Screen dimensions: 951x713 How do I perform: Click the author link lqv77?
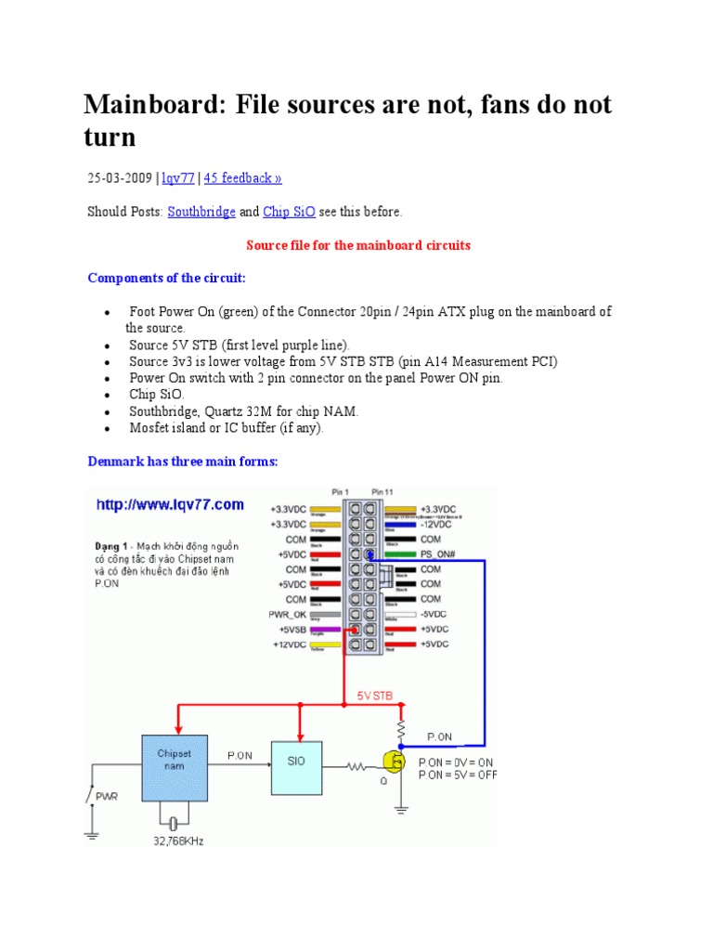pos(178,178)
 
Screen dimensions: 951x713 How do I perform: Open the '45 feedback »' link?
pos(242,178)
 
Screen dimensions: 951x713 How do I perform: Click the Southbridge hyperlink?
pos(201,212)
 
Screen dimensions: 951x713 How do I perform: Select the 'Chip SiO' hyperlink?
pos(289,212)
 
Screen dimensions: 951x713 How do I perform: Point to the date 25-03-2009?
pos(121,178)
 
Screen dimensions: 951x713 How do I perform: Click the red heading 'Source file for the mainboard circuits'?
pos(357,245)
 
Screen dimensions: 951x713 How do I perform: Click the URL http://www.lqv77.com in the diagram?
pos(171,505)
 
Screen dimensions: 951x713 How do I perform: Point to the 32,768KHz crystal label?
pos(173,840)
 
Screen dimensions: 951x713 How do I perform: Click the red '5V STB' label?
pos(375,694)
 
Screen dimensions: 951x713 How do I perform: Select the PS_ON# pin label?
pos(437,554)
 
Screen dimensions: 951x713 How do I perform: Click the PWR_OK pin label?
pos(288,614)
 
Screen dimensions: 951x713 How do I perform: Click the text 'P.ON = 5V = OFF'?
pos(457,775)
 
